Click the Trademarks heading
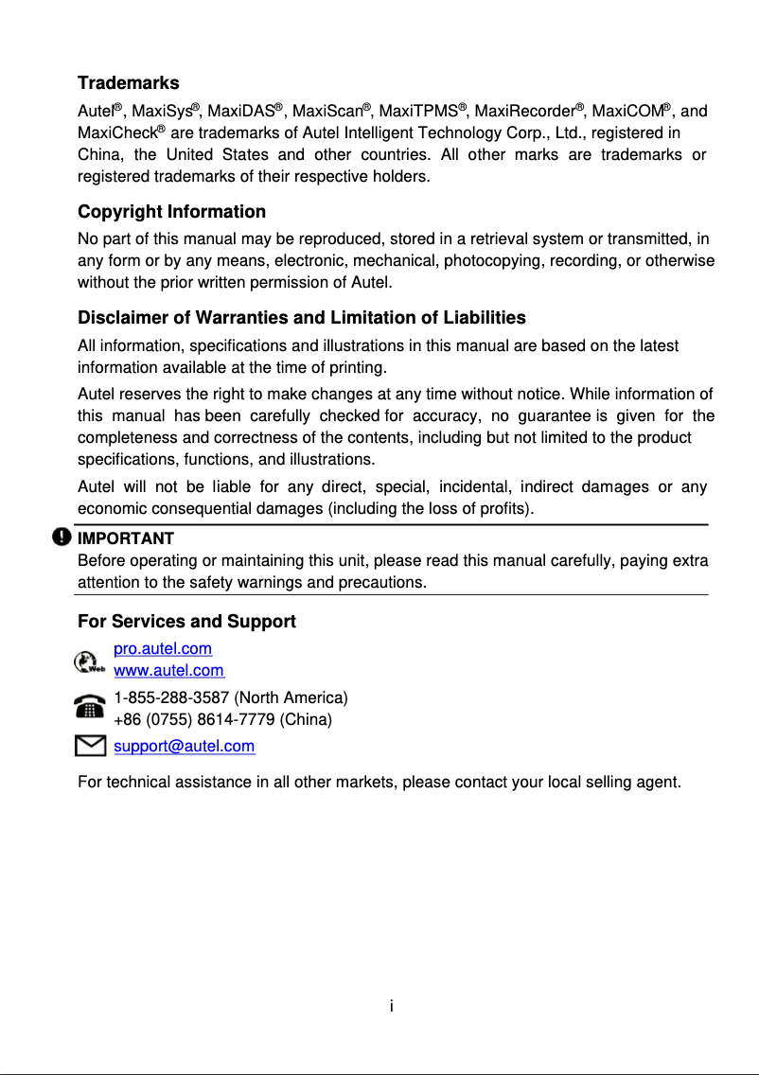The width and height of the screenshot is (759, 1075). (128, 83)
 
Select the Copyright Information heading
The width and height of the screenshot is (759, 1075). (171, 211)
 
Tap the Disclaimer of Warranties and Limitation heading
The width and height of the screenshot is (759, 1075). (301, 317)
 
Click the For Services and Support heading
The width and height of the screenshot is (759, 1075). (186, 622)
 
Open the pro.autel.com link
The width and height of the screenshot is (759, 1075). (163, 649)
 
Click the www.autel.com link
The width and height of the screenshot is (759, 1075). (168, 671)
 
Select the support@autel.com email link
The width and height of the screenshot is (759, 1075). (184, 747)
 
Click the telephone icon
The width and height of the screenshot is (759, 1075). (90, 708)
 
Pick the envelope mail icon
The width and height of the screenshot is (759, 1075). (89, 747)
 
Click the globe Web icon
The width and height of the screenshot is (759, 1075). (88, 661)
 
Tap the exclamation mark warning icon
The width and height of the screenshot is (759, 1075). (62, 537)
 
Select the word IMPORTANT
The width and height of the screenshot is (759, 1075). (125, 538)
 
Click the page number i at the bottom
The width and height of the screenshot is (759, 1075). (391, 1005)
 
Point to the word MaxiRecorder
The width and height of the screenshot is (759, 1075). (524, 113)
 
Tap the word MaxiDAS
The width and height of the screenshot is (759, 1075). (239, 113)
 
